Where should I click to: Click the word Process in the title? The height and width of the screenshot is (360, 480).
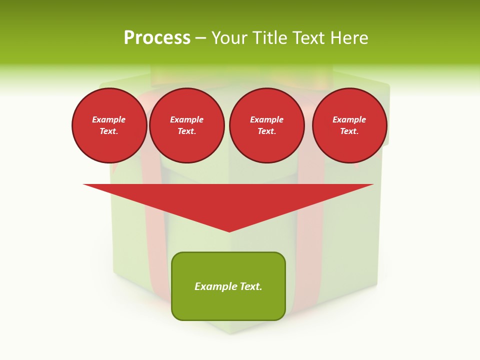coord(157,38)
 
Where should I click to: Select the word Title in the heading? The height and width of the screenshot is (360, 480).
coord(271,38)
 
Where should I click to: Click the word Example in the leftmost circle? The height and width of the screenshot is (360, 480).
coord(109,119)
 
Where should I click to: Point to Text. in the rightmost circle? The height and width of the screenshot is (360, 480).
coord(349,131)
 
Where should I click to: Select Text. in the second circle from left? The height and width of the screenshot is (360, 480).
coord(186,131)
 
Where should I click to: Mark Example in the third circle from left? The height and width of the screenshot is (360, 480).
coord(266,119)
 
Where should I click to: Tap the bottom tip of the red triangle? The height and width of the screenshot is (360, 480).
coord(229,230)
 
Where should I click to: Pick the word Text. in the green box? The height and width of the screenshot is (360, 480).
coord(250,286)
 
